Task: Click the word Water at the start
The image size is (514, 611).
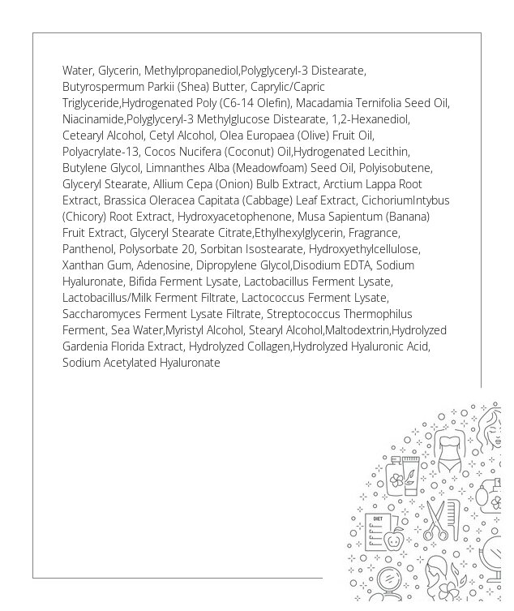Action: pos(77,71)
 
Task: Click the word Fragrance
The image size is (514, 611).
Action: pos(372,233)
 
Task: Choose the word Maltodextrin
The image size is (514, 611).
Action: pos(358,330)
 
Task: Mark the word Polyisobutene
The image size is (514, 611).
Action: pos(396,168)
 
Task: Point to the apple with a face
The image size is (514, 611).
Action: pos(394,539)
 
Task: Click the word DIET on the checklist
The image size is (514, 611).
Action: pos(377,518)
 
